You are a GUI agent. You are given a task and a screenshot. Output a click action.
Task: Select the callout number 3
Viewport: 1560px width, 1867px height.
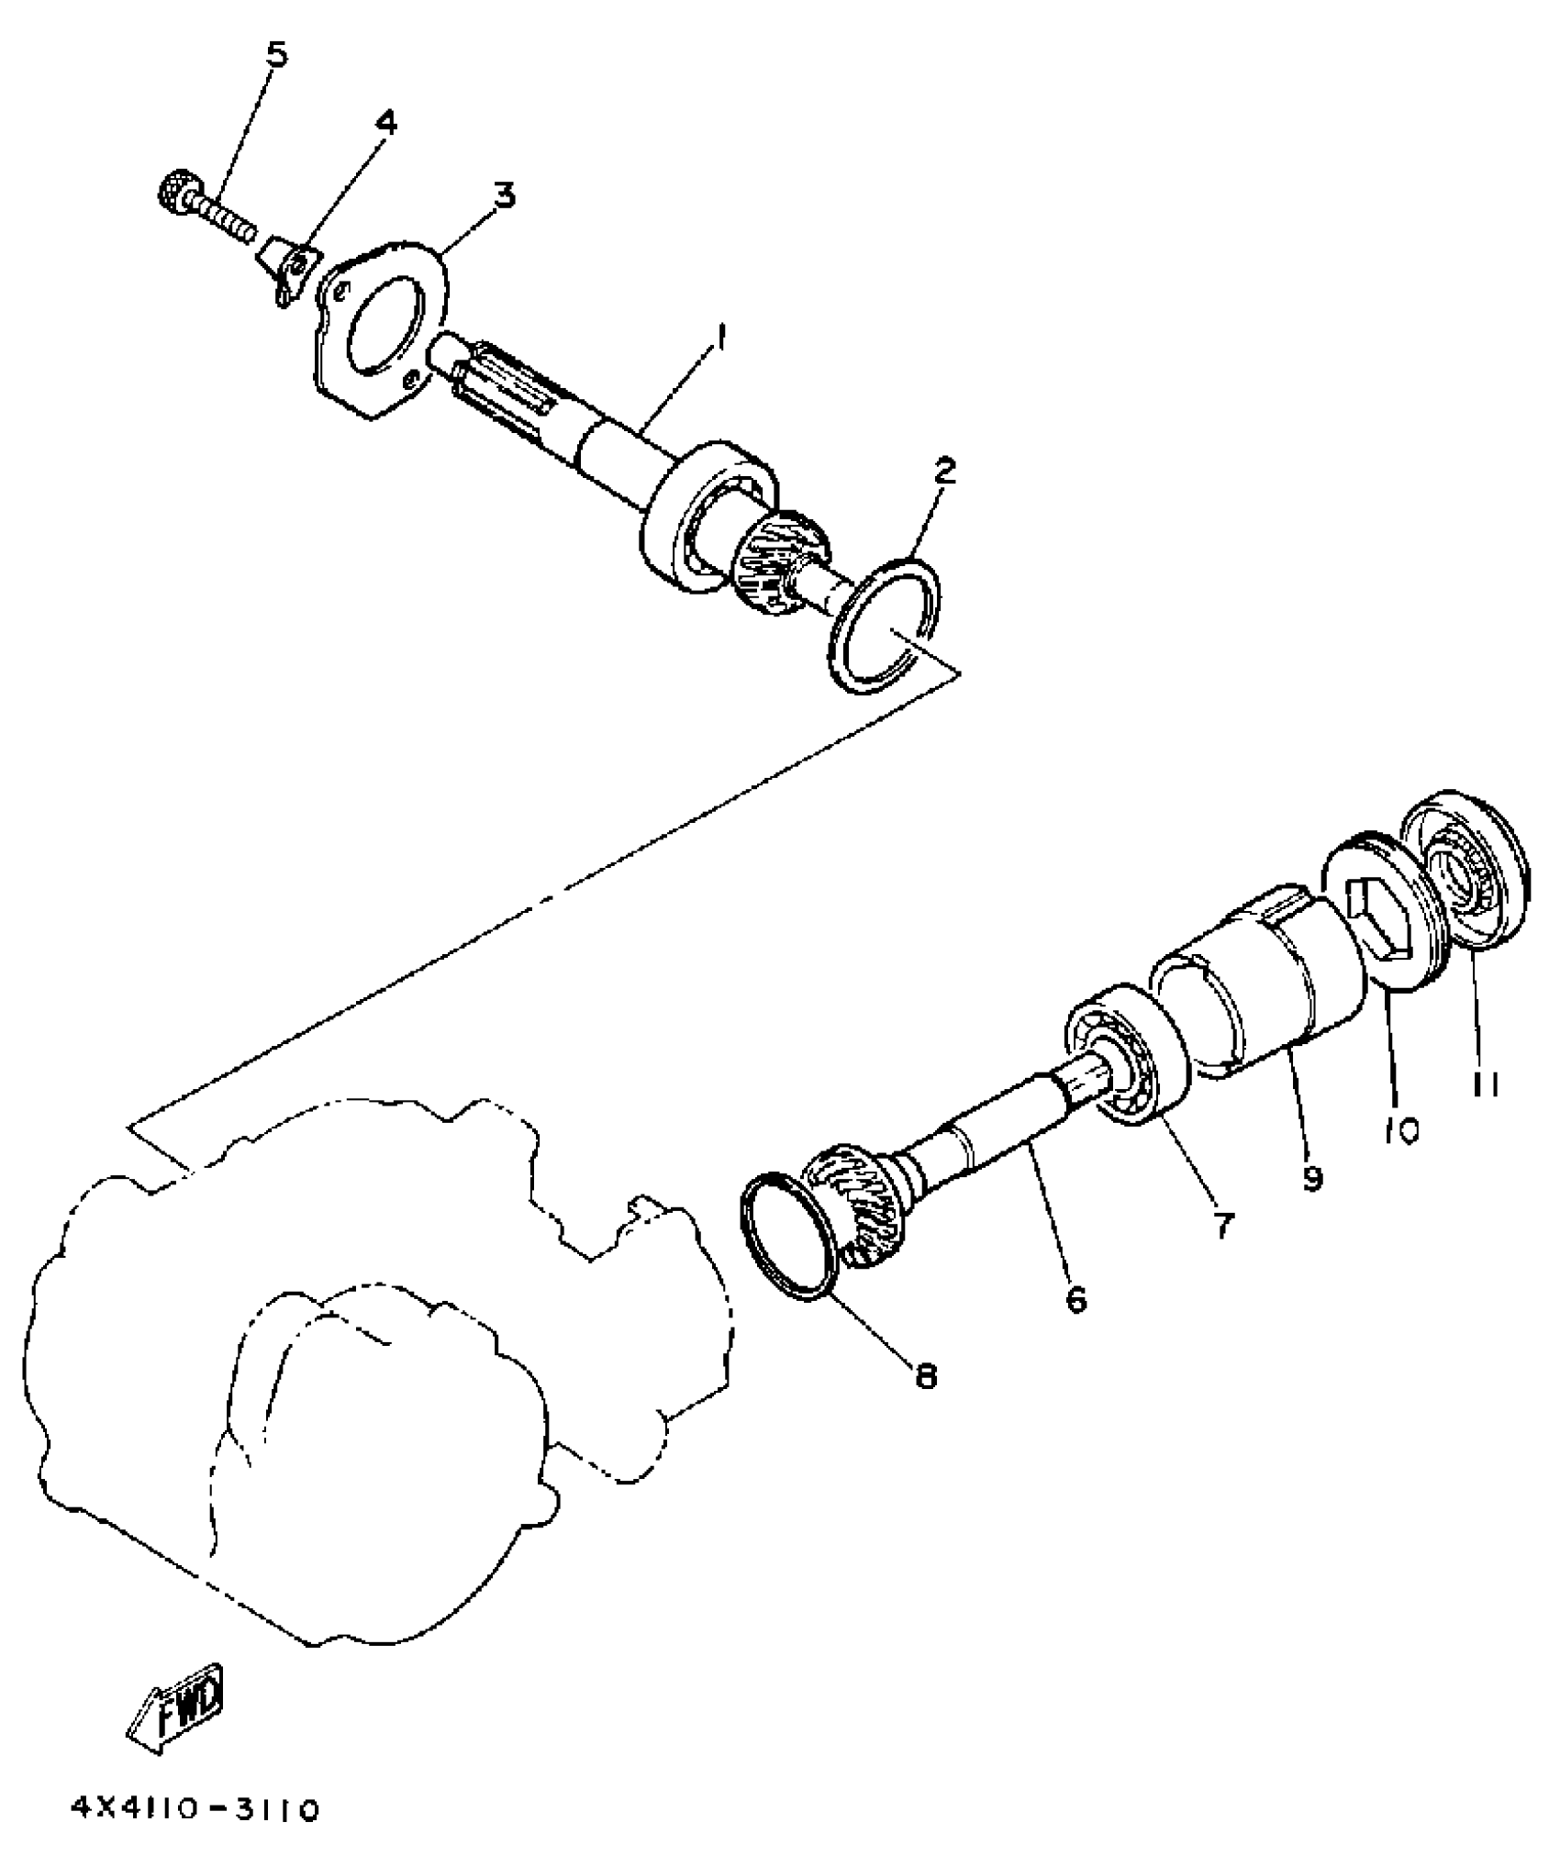504,194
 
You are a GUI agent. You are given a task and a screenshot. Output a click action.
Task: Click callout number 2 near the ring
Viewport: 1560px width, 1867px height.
944,472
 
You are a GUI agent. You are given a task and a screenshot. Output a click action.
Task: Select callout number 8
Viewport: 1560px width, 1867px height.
925,1377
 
